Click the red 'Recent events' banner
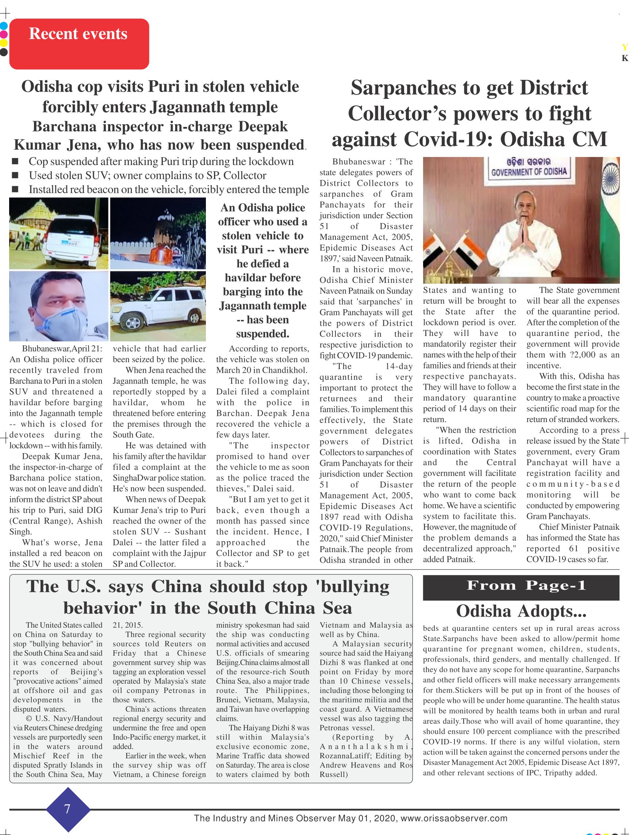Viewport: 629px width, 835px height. (79, 43)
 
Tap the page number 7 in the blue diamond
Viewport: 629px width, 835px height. (67, 809)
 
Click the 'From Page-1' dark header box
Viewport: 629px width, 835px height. (521, 587)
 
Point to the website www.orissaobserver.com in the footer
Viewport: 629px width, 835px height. (453, 818)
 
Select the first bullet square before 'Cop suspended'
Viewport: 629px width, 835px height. (15, 162)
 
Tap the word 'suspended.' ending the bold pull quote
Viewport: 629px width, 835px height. (262, 334)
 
